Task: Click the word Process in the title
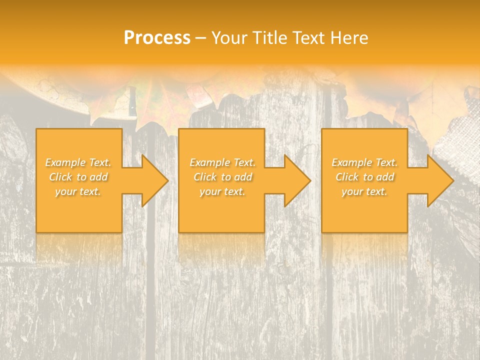point(157,38)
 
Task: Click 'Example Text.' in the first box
point(78,162)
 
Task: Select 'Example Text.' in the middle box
point(222,162)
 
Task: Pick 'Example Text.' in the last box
point(364,162)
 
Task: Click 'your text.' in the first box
point(78,191)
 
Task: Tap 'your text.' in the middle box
point(222,191)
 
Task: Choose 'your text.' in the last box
point(364,191)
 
